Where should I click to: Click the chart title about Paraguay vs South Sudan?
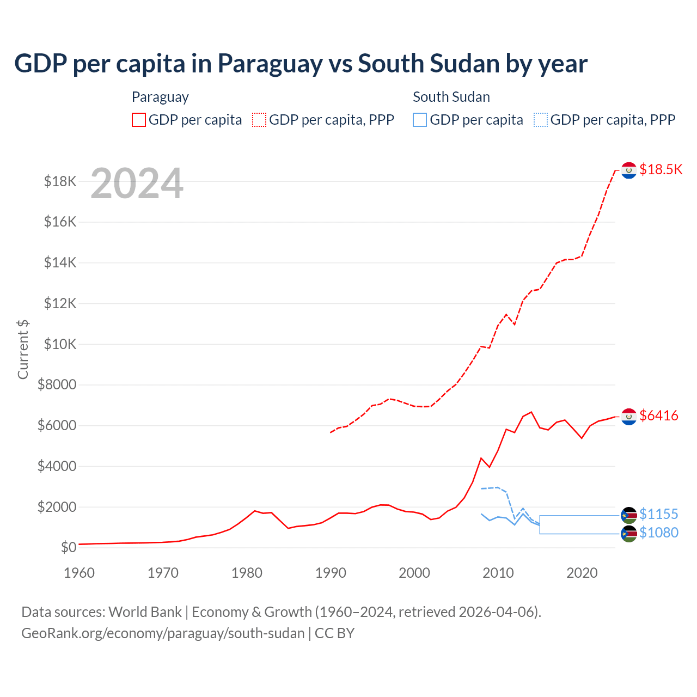(301, 64)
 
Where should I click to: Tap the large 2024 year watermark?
(137, 184)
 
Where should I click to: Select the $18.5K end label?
(661, 169)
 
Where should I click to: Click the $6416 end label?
(659, 416)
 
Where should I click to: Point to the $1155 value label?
(659, 515)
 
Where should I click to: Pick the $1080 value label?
(659, 533)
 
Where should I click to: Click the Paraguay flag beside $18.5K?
(629, 170)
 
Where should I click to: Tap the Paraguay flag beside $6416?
(629, 417)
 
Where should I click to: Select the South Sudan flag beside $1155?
(629, 515)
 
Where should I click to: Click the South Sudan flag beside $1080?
(629, 534)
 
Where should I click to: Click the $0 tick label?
(68, 547)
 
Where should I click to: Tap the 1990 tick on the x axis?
(331, 573)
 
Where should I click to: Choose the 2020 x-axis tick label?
(582, 573)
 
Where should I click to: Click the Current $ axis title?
(23, 349)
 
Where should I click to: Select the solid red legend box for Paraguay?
(139, 120)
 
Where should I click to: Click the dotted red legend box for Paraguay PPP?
(259, 120)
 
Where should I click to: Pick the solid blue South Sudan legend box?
(420, 120)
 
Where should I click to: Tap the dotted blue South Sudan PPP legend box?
(541, 120)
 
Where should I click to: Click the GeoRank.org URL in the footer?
(163, 633)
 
